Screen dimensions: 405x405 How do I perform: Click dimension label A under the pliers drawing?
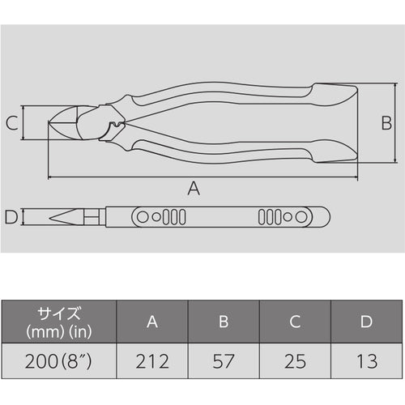pos(193,189)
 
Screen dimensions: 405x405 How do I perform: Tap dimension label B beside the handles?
pos(386,123)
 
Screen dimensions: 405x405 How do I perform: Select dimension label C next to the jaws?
pos(11,123)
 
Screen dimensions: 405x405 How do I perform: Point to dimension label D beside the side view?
pos(11,217)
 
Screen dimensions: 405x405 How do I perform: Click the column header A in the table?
pos(152,322)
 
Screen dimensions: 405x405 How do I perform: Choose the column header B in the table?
pos(224,322)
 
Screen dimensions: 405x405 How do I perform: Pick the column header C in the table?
pos(296,322)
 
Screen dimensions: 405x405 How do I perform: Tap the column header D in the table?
pos(367,322)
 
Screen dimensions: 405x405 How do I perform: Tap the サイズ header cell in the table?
pos(58,322)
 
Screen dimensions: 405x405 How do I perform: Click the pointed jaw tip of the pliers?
pos(52,123)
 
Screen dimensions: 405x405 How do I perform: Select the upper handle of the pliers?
pos(243,91)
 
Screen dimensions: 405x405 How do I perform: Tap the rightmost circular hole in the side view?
pos(298,217)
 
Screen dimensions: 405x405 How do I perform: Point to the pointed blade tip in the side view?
pos(52,217)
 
